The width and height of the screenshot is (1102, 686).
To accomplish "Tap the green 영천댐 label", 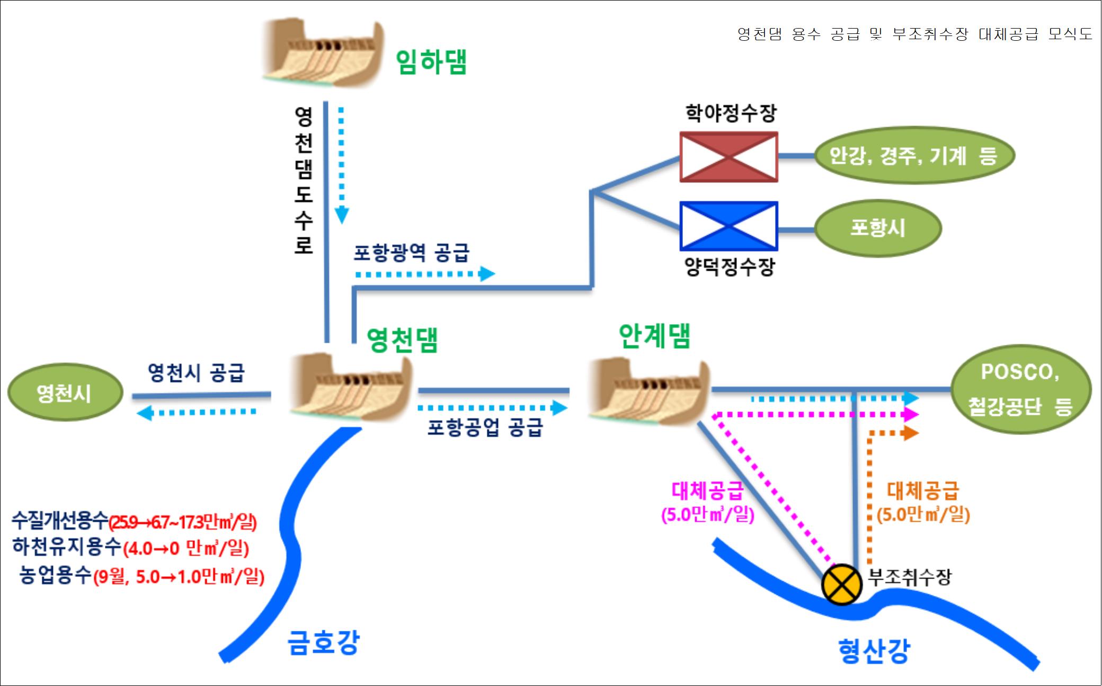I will tap(403, 340).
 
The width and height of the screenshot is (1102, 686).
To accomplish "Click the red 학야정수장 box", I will tap(728, 157).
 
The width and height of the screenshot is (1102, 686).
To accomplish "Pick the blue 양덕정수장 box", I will tap(728, 226).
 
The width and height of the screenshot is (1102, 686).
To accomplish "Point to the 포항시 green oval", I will tap(877, 228).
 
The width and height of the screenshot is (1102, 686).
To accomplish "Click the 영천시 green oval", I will tap(65, 393).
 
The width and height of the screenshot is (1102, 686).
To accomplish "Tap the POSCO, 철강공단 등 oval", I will tap(1021, 389).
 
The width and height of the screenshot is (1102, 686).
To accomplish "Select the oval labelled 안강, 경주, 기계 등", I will tap(913, 155).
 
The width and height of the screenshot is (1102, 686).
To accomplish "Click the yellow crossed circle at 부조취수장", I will tap(841, 585).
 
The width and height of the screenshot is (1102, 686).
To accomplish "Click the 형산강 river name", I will tap(874, 651).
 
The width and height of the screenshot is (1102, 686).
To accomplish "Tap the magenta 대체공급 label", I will tap(707, 491).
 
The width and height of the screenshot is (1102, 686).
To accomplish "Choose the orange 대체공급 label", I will tap(923, 491).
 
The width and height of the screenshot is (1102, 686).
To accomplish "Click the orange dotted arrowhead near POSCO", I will tap(911, 433).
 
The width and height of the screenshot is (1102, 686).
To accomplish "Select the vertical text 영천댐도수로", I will tap(304, 180).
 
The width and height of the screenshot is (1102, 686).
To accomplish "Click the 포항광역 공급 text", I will tap(411, 253).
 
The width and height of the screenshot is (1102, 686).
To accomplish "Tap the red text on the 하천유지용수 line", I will tap(186, 548).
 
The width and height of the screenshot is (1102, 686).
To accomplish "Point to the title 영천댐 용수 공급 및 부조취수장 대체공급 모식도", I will tap(915, 34).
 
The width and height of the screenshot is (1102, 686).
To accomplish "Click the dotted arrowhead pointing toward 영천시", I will tap(145, 412).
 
